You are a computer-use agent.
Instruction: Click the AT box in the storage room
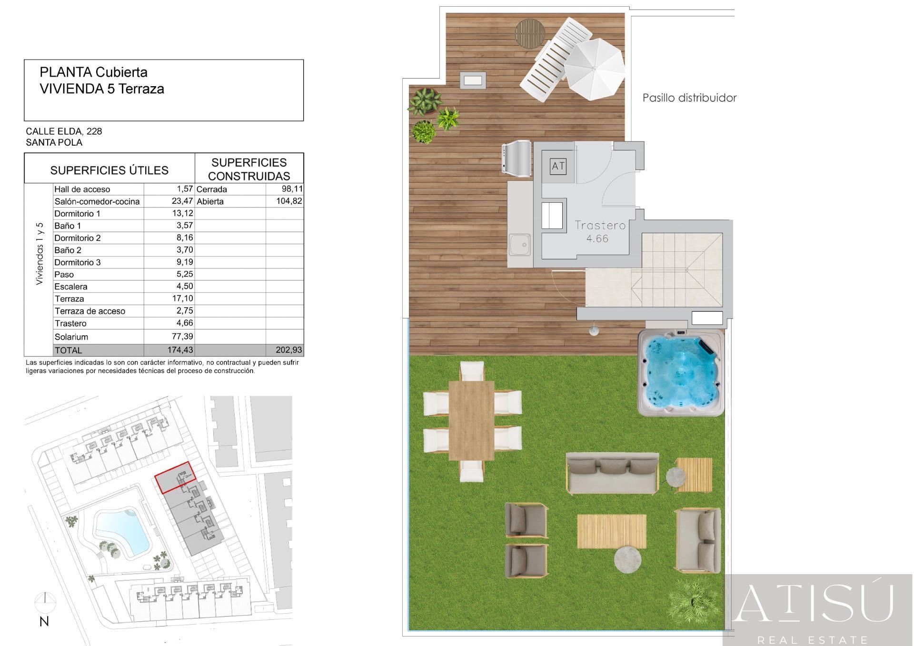point(558,166)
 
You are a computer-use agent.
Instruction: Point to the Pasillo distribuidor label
point(689,98)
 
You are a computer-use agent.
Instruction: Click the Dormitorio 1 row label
point(78,213)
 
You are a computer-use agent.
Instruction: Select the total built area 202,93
point(289,350)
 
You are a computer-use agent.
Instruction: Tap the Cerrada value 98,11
point(292,189)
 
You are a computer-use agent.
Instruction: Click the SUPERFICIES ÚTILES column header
point(109,170)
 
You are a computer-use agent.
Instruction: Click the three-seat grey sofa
point(613,473)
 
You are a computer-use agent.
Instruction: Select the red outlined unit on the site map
point(176,477)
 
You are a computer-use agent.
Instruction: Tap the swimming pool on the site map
point(122,531)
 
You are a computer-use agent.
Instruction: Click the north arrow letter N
point(44,621)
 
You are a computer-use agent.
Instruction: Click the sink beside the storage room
point(519,246)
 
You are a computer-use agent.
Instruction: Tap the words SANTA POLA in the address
point(54,142)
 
